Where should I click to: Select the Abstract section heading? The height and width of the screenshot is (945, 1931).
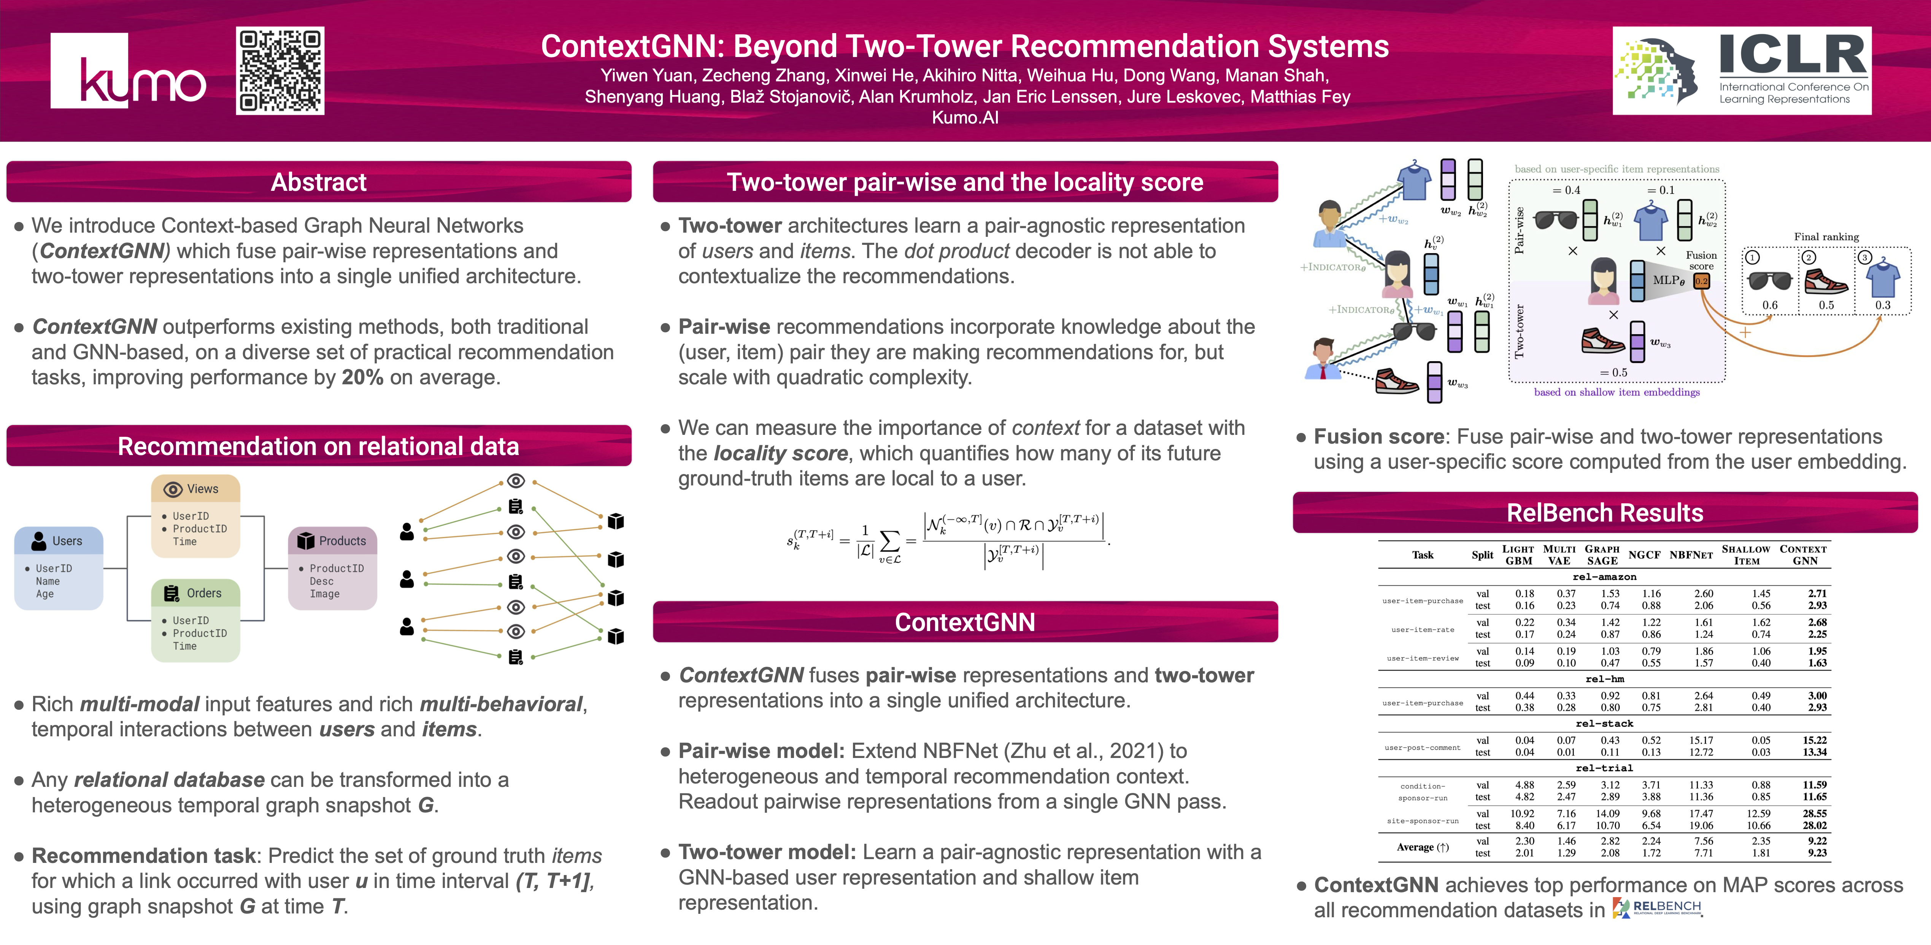click(x=319, y=182)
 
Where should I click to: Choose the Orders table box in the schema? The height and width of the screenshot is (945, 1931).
click(x=195, y=620)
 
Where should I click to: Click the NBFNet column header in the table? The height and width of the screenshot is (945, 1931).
click(x=1691, y=555)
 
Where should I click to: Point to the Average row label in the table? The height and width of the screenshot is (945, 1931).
click(x=1422, y=847)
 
